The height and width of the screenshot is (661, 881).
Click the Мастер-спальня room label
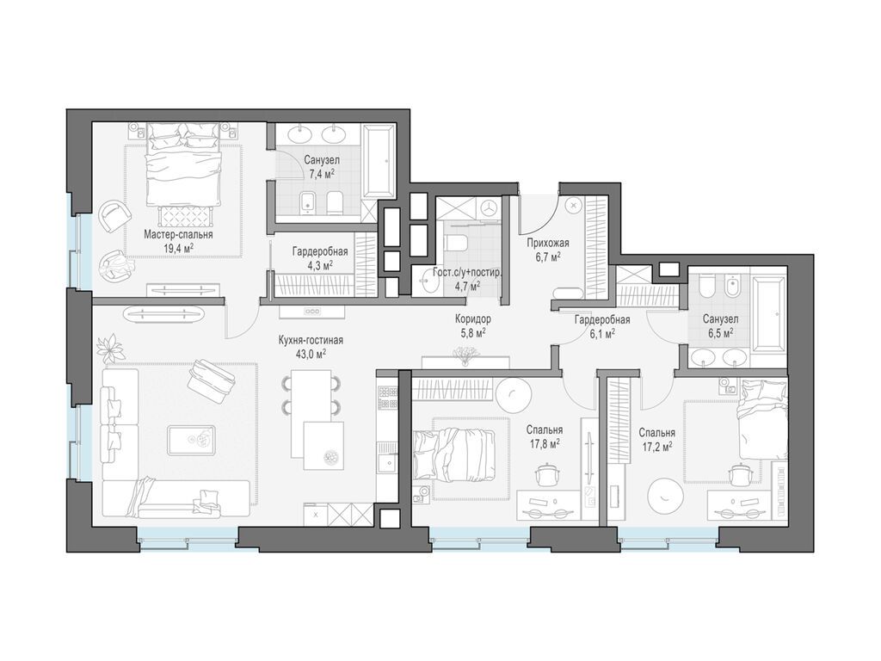[178, 234]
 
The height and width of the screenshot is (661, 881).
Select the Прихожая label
[548, 244]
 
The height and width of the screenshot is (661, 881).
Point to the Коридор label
[472, 319]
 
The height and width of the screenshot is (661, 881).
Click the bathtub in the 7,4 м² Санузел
[379, 161]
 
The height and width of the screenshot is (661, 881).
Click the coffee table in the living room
[191, 440]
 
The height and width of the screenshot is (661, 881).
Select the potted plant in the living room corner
[111, 349]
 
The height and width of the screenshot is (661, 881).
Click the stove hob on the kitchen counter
[386, 398]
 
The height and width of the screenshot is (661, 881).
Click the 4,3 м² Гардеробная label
[320, 257]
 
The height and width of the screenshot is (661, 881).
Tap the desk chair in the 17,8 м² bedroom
[546, 473]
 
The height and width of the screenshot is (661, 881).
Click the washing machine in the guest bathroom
[490, 207]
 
